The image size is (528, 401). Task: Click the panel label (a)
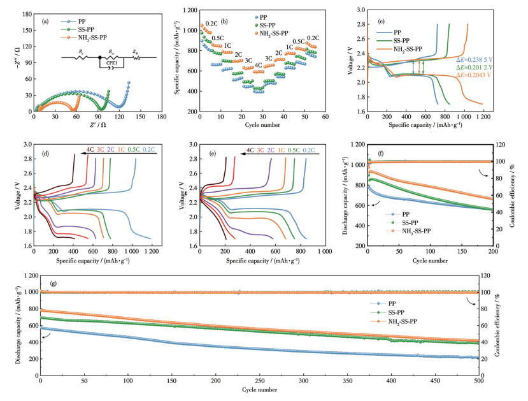point(45,21)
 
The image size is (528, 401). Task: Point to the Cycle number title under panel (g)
point(259,389)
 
